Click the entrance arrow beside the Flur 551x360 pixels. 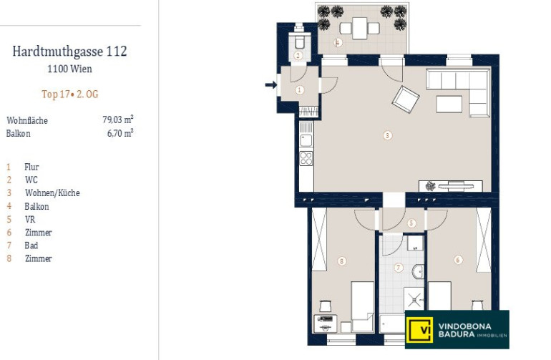[271, 84]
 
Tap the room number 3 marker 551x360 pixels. [387, 135]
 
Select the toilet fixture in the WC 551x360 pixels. [299, 41]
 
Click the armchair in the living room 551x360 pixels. [406, 99]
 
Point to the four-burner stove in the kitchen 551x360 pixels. [306, 158]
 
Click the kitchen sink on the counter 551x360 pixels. [306, 140]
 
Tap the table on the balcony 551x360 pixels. [359, 28]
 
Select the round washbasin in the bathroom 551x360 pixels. [418, 271]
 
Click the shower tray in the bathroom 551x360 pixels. [414, 299]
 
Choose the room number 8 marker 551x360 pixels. [341, 261]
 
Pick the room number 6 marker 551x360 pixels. [458, 260]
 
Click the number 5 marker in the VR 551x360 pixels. [411, 223]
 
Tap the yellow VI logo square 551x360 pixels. [419, 329]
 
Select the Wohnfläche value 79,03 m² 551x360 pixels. [118, 120]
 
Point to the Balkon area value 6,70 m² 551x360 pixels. [120, 133]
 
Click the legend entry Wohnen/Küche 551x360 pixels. [52, 193]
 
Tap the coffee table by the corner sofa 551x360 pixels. [449, 104]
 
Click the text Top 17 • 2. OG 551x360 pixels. [70, 94]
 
